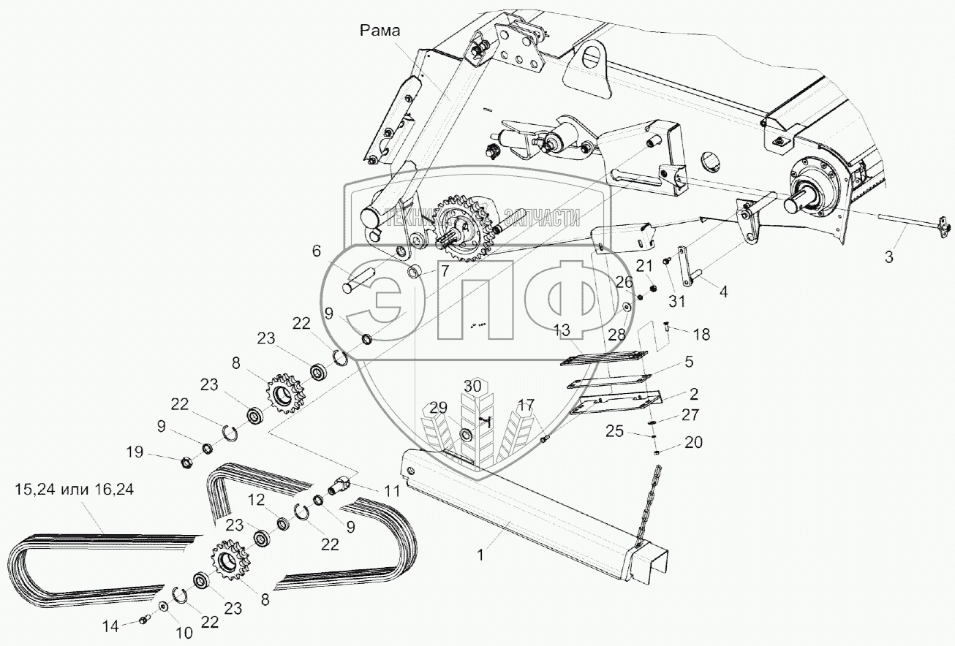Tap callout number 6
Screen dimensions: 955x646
pos(316,251)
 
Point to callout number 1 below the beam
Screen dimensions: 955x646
pos(480,555)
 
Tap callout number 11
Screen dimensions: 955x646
pos(392,492)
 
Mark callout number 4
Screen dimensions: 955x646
pos(723,291)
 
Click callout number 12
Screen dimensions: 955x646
pos(256,499)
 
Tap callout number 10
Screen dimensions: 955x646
pos(185,633)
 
